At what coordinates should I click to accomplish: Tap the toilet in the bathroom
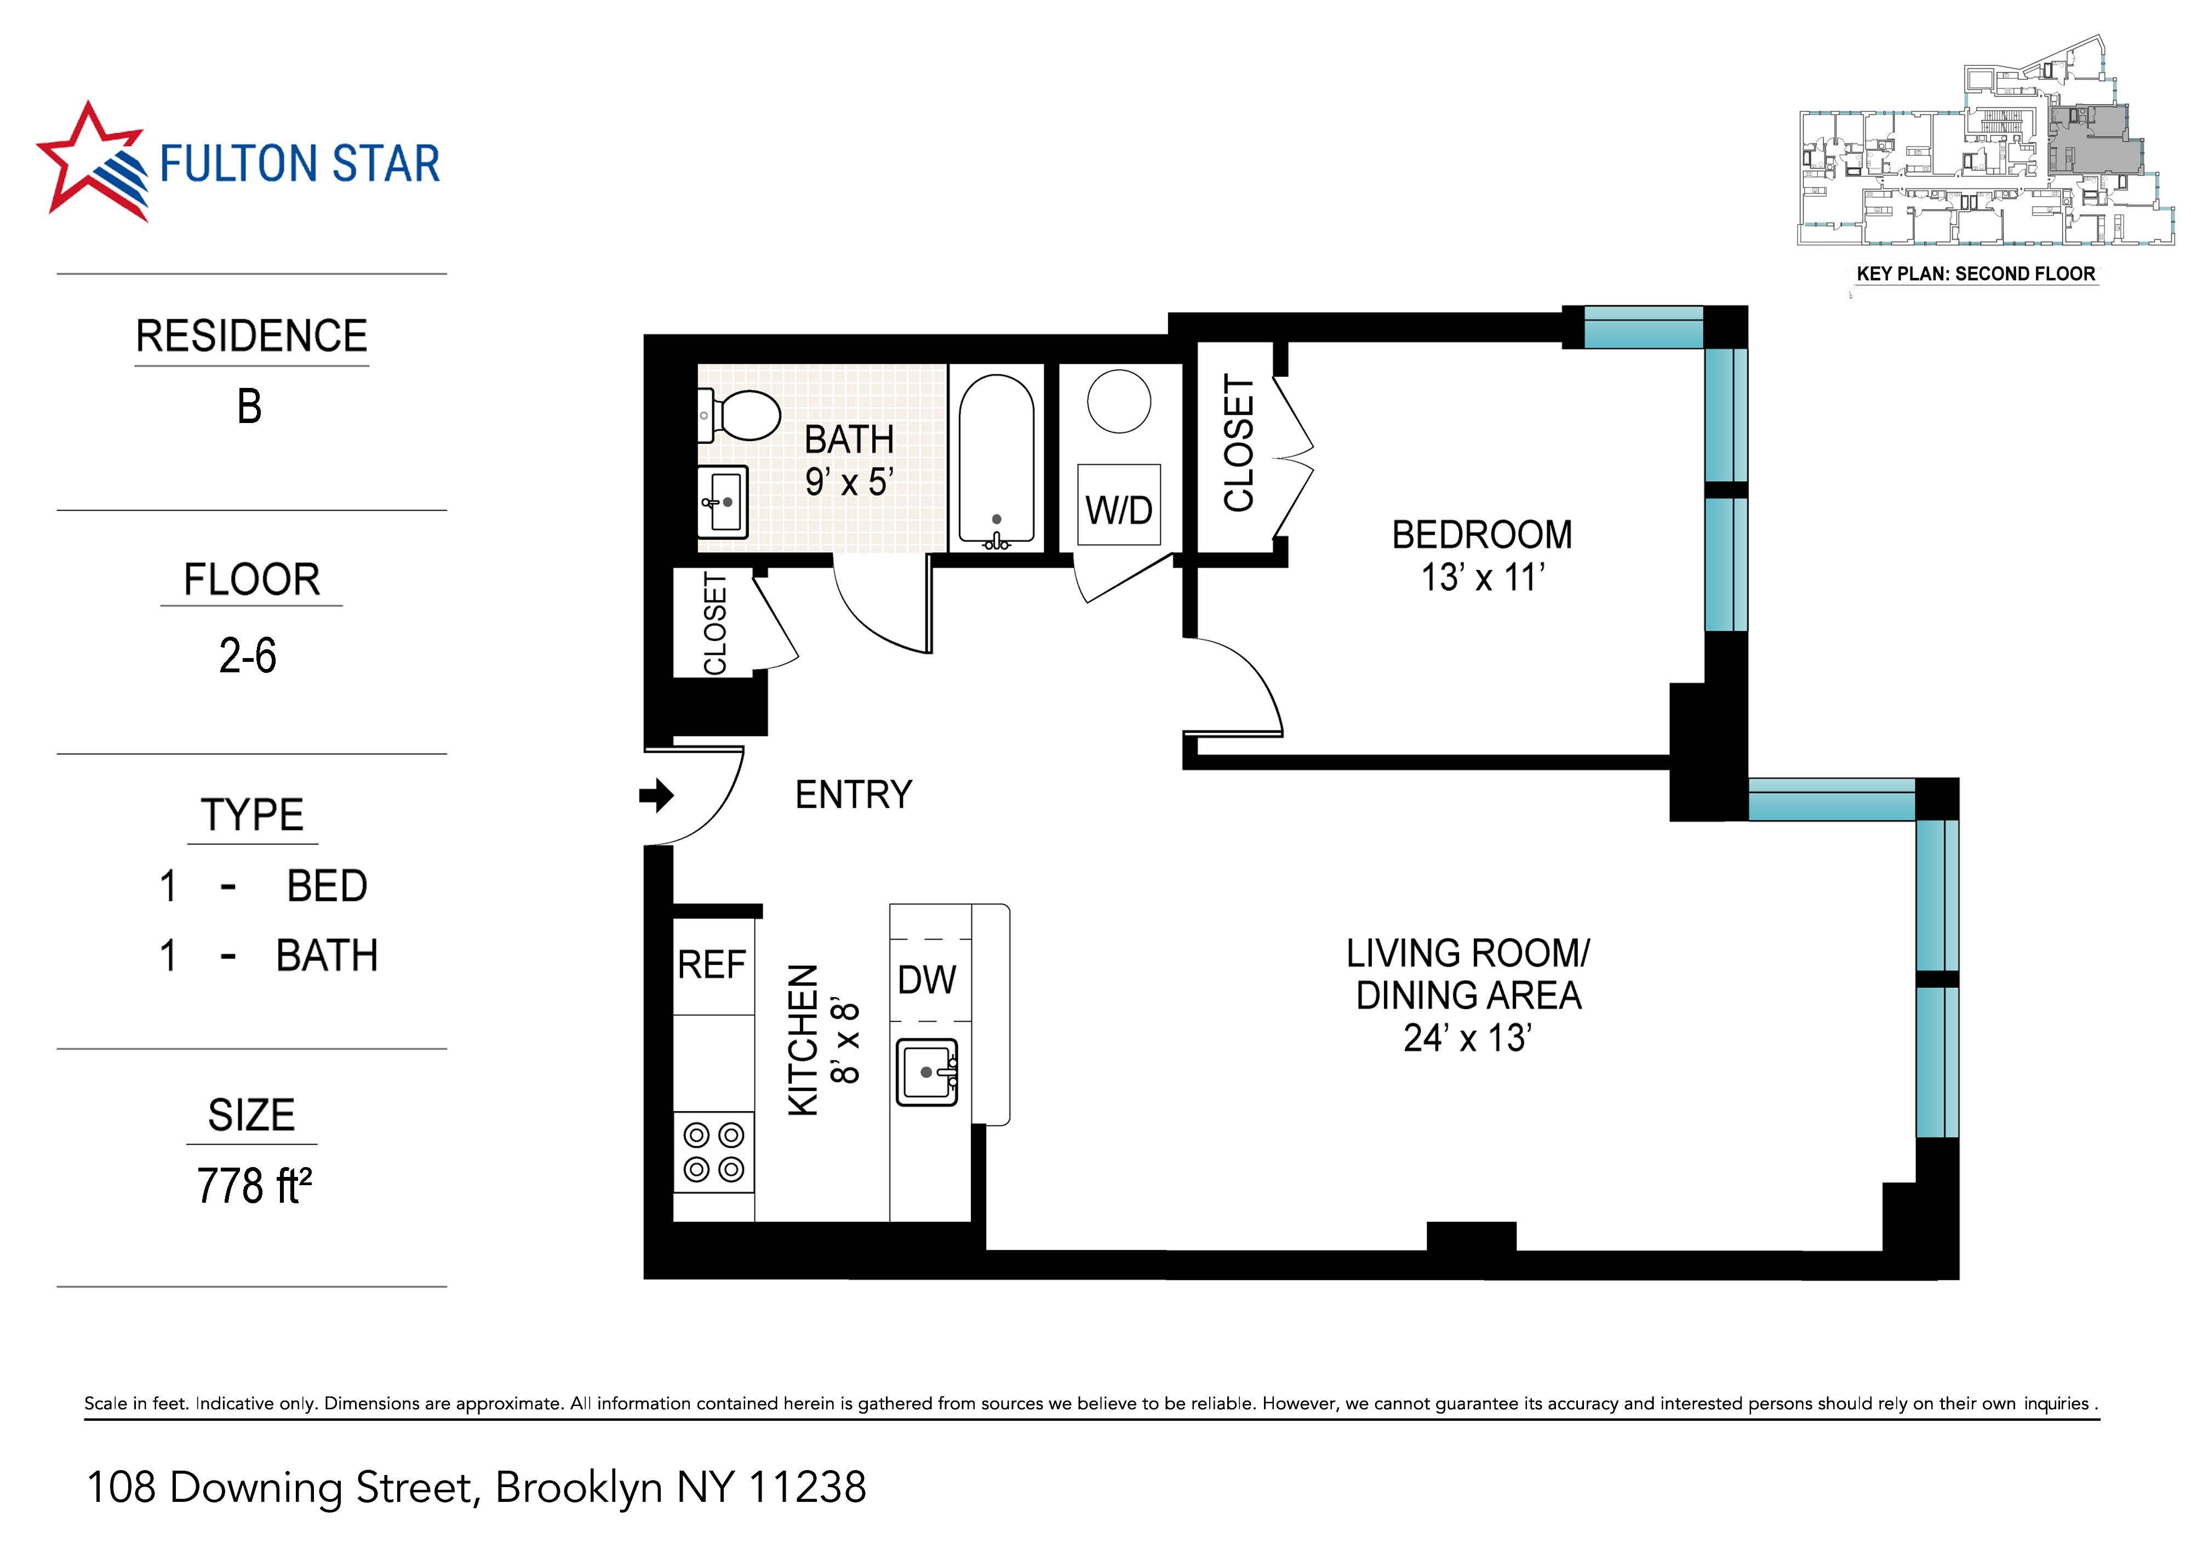click(x=741, y=416)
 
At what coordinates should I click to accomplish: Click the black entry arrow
click(x=656, y=795)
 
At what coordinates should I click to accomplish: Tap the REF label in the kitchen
click(x=711, y=965)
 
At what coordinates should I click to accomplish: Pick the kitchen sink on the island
click(x=926, y=1072)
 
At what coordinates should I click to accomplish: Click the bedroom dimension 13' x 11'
click(x=1482, y=578)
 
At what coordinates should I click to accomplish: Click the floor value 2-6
click(x=248, y=656)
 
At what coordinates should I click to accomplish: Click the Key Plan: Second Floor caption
click(x=1975, y=274)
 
